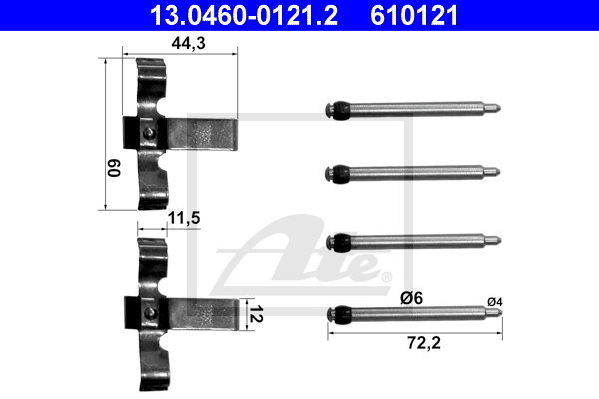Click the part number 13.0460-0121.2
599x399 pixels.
244,15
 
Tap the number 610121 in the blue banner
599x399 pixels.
414,15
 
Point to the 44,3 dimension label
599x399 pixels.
188,43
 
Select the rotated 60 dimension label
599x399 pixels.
114,168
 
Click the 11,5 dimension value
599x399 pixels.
184,218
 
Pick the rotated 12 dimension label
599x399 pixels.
256,314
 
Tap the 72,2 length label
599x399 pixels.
424,343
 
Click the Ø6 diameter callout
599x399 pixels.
411,298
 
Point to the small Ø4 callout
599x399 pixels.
495,302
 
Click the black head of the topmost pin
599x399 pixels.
338,111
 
